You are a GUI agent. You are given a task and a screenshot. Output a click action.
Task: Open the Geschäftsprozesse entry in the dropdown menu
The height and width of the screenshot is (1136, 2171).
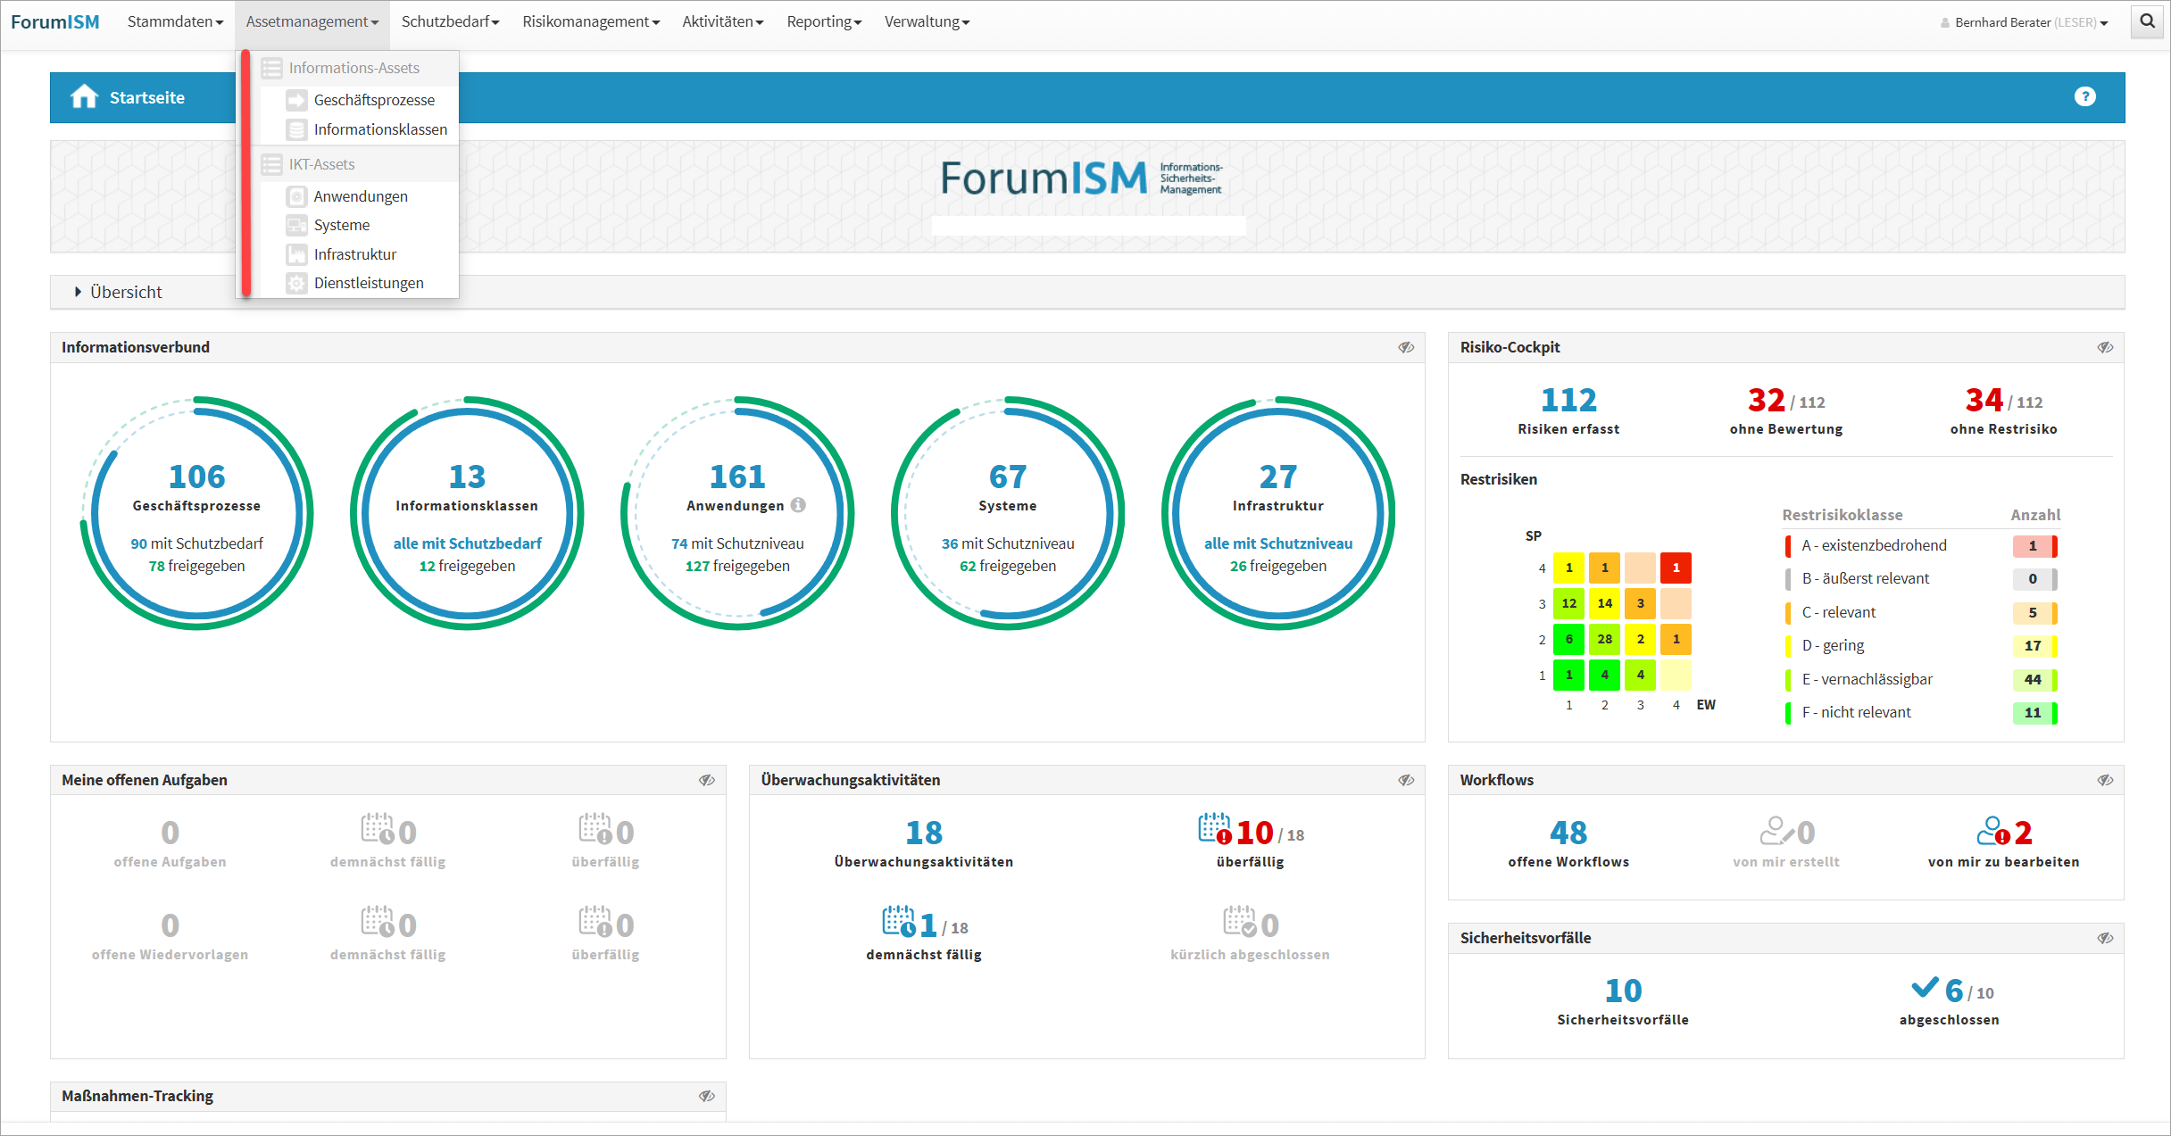pos(373,100)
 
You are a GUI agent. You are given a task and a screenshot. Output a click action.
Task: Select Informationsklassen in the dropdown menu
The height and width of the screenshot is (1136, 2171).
pos(379,129)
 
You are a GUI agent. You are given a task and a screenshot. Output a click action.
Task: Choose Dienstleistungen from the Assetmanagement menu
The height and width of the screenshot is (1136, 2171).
pos(368,283)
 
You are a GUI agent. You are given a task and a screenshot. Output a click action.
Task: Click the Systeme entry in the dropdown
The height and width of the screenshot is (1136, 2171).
pos(341,225)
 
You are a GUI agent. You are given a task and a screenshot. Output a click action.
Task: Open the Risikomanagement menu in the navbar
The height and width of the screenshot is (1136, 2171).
pos(590,22)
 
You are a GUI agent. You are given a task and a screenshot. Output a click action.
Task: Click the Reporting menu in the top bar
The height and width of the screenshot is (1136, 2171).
pos(823,22)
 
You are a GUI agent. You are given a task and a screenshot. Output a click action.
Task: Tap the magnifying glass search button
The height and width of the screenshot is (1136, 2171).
pos(2147,21)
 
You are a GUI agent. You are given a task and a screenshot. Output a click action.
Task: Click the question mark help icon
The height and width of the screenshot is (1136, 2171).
pos(2084,96)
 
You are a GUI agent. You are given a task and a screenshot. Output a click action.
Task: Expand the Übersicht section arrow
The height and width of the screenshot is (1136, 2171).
pos(79,292)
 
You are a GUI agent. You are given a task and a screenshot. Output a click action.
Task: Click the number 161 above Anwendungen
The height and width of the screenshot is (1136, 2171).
pos(737,477)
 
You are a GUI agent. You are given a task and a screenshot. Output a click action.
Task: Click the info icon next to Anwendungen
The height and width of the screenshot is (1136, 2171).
pos(798,505)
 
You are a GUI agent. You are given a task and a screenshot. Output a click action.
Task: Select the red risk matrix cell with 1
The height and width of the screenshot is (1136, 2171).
pos(1676,568)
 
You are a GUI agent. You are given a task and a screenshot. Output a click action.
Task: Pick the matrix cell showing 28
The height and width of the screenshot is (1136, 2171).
pos(1604,639)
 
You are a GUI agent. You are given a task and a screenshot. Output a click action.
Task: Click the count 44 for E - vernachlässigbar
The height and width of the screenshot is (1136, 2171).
pos(2033,679)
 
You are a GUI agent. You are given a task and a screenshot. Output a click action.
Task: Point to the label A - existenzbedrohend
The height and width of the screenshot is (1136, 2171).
pos(1874,545)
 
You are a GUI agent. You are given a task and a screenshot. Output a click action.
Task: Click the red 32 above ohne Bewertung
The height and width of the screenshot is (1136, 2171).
pos(1766,401)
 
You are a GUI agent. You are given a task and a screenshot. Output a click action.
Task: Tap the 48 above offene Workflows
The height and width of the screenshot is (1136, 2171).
pos(1568,833)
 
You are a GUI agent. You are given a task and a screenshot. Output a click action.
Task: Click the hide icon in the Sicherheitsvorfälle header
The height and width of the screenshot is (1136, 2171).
pos(2105,938)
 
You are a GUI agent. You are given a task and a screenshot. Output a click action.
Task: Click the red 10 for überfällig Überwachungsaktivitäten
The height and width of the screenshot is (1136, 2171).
pos(1254,833)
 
